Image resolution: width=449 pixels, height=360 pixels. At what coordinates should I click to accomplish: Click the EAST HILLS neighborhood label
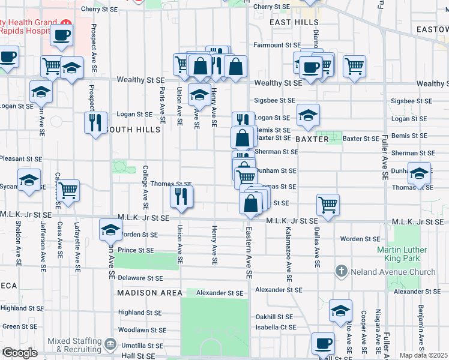pyautogui.click(x=285, y=22)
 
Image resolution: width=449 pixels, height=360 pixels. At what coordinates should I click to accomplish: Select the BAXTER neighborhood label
pyautogui.click(x=312, y=139)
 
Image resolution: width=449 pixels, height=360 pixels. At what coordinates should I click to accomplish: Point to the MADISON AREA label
pyautogui.click(x=149, y=293)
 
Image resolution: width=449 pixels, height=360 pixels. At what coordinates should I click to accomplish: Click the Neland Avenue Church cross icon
pyautogui.click(x=342, y=271)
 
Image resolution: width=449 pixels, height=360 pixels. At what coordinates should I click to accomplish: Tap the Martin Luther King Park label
pyautogui.click(x=402, y=254)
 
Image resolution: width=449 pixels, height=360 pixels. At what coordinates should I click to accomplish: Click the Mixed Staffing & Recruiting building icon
pyautogui.click(x=110, y=344)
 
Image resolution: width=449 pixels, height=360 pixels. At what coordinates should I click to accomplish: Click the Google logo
pyautogui.click(x=20, y=353)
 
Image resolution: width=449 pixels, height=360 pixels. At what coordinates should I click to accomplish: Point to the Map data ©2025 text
pyautogui.click(x=423, y=355)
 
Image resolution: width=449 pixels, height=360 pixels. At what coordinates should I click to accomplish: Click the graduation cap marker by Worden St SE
pyautogui.click(x=110, y=230)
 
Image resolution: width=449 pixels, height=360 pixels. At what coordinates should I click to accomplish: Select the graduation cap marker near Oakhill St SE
pyautogui.click(x=340, y=310)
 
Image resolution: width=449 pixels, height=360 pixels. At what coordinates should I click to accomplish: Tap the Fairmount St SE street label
pyautogui.click(x=276, y=45)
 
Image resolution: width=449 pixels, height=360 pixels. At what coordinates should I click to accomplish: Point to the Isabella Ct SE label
pyautogui.click(x=273, y=327)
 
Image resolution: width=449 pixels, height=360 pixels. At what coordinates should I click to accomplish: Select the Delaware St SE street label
pyautogui.click(x=140, y=278)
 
